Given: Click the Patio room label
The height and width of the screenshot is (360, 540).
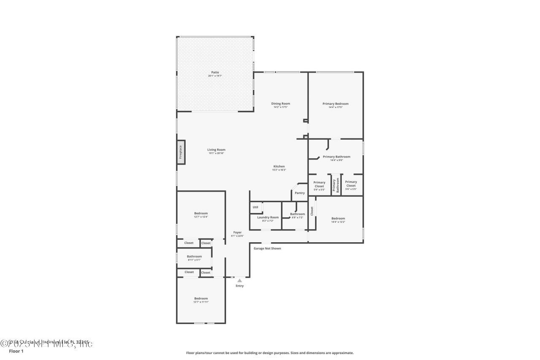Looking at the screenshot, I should click(215, 73).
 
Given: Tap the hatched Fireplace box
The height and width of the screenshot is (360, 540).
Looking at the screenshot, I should click(181, 152).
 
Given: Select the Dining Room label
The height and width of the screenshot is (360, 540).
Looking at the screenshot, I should click(280, 104).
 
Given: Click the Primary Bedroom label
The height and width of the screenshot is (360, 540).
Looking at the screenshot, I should click(335, 104).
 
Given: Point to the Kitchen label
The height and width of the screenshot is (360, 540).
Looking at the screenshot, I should click(279, 167).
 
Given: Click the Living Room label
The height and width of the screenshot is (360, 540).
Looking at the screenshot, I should click(216, 150).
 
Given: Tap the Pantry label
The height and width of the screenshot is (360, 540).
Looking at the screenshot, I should click(300, 193).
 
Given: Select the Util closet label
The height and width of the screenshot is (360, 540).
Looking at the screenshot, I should click(255, 207).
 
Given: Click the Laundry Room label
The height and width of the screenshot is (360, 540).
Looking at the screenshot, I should click(268, 217).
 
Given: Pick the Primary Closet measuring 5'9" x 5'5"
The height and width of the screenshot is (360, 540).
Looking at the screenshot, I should click(319, 184).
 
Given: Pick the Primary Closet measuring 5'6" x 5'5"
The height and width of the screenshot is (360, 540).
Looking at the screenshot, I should click(351, 184).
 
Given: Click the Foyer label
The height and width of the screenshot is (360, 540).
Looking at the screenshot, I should click(238, 233).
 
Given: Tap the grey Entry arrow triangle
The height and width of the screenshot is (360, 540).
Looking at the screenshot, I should click(240, 280).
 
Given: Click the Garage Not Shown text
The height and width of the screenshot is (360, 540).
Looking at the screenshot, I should click(267, 249).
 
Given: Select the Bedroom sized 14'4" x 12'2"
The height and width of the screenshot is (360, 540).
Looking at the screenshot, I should click(338, 219).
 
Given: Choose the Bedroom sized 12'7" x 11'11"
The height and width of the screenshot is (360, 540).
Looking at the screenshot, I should click(201, 299).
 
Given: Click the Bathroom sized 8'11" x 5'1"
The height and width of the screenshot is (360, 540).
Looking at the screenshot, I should click(194, 257).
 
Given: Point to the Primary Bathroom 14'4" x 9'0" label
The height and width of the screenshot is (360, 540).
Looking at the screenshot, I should click(336, 157).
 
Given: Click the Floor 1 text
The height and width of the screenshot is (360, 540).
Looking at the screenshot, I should click(16, 351).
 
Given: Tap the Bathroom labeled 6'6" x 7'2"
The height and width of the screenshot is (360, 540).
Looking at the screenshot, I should click(297, 214).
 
